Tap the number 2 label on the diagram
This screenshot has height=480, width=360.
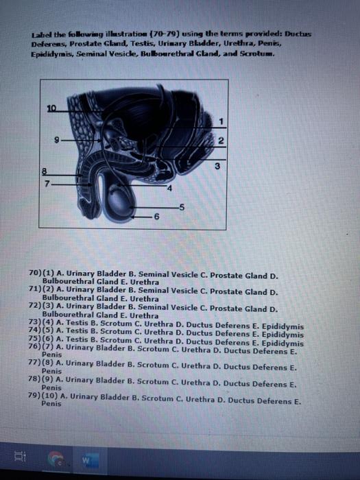(221, 141)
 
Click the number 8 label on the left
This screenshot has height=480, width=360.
(47, 172)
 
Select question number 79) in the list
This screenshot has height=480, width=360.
(36, 396)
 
